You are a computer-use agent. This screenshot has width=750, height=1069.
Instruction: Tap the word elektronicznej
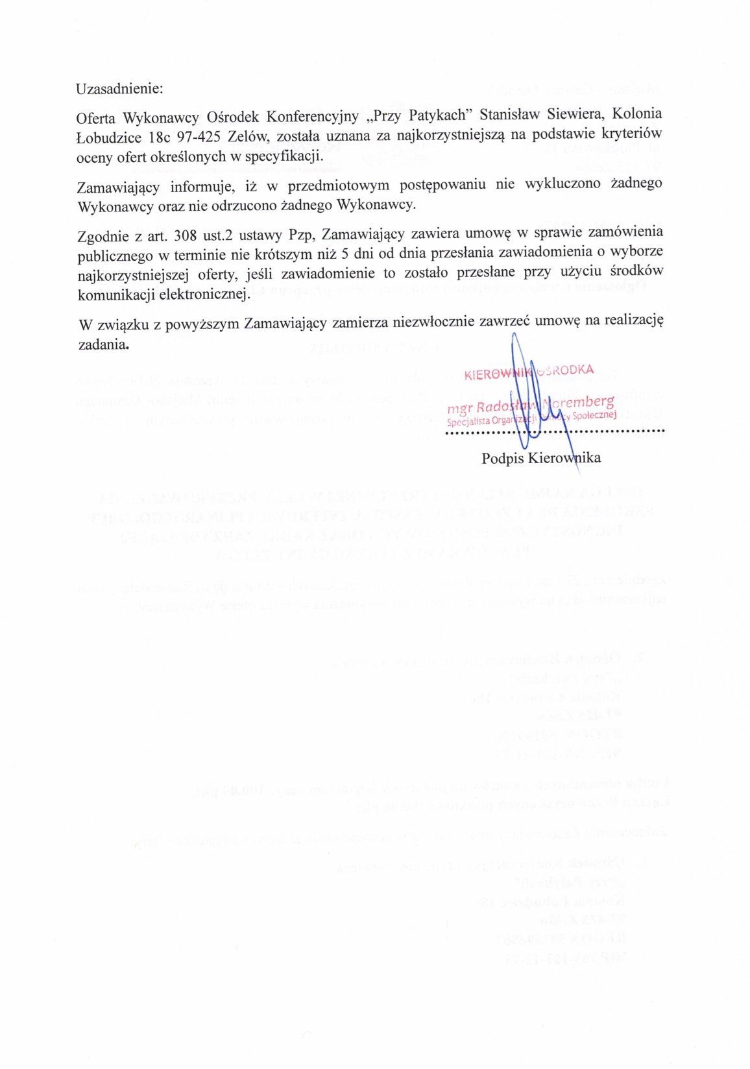coord(207,294)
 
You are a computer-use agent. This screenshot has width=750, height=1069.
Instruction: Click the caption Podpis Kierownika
coord(541,458)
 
